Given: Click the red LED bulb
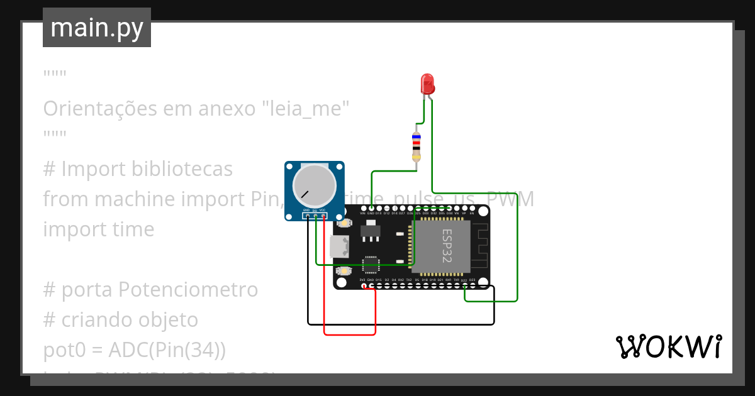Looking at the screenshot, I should (427, 84).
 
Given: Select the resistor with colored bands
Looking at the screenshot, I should (416, 146).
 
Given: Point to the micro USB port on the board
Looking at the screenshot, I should (339, 247).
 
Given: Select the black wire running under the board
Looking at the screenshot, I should (403, 324).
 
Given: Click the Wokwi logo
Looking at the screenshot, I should (668, 346).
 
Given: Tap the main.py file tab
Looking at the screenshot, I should (97, 28).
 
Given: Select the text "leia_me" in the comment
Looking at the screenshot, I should (305, 109).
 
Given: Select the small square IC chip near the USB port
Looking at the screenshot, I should (371, 263).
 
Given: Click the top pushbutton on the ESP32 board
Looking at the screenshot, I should (344, 223).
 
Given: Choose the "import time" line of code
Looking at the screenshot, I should (98, 229).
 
